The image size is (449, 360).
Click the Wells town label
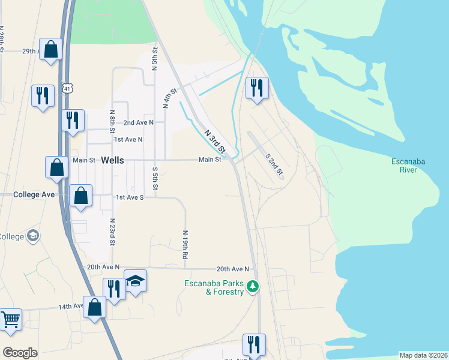click(x=113, y=160)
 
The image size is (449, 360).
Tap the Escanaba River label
click(x=408, y=166)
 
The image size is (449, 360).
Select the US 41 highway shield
click(x=70, y=88)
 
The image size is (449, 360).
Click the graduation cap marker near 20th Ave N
click(x=135, y=280)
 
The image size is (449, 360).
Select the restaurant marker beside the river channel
click(x=256, y=88)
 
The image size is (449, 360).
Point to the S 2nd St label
click(x=274, y=163)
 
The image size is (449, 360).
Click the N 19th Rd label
click(x=185, y=244)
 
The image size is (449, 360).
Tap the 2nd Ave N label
click(x=139, y=122)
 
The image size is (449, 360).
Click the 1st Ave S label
click(x=130, y=197)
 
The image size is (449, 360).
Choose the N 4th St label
click(x=170, y=98)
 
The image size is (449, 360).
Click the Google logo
click(x=20, y=353)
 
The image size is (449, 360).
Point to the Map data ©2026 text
click(x=423, y=355)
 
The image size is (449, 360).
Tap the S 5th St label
click(x=155, y=178)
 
